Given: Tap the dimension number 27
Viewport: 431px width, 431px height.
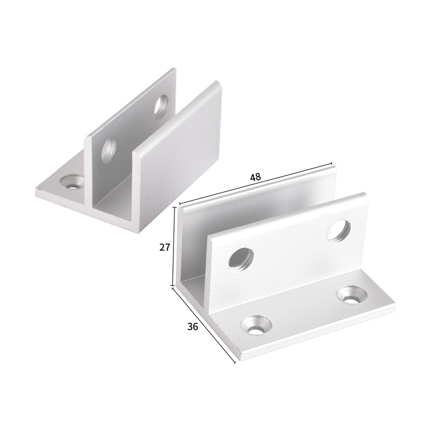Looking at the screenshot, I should pyautogui.click(x=165, y=247).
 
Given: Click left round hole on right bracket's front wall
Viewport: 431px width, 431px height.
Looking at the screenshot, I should pyautogui.click(x=239, y=258).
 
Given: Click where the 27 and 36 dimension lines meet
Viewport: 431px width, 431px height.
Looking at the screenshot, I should pyautogui.click(x=173, y=287).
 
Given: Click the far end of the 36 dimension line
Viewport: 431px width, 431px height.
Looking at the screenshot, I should pyautogui.click(x=235, y=363).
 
